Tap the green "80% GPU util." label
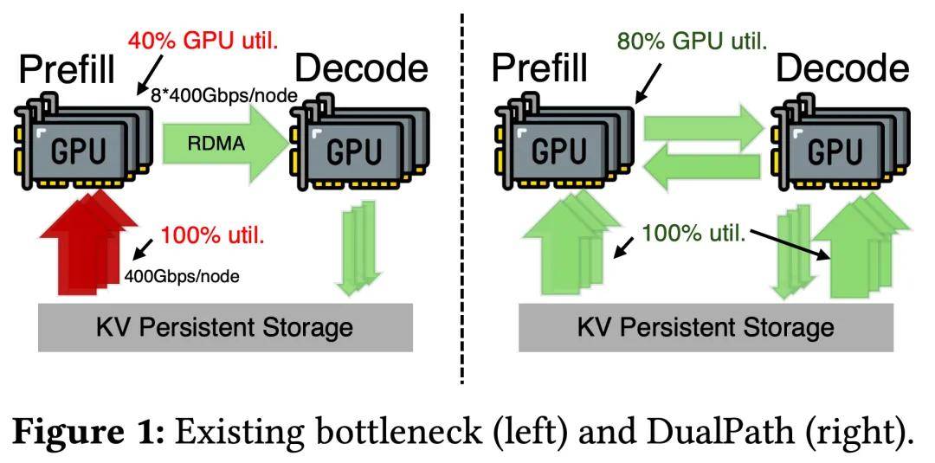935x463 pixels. click(x=691, y=41)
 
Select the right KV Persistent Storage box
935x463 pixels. click(x=706, y=328)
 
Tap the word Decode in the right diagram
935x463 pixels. click(x=842, y=69)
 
